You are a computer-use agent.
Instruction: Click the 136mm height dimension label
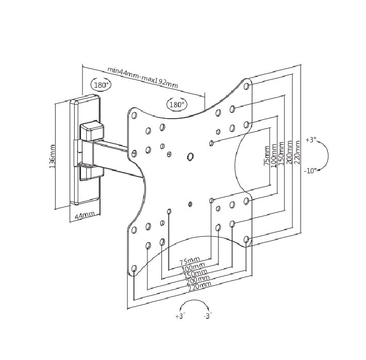click(53, 156)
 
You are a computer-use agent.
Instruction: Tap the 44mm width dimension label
click(85, 216)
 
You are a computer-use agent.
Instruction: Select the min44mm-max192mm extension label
click(143, 77)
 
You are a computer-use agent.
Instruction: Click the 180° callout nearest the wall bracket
click(101, 85)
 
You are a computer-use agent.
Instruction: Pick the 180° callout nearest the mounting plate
click(177, 105)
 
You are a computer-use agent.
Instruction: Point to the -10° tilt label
click(310, 171)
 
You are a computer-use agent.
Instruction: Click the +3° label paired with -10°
click(311, 140)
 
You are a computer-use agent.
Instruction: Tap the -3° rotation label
click(207, 316)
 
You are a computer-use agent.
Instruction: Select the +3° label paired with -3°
click(179, 316)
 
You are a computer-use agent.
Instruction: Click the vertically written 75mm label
click(267, 155)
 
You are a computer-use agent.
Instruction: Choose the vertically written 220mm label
click(297, 152)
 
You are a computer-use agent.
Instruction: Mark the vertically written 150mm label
click(281, 153)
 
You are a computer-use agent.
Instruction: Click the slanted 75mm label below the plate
click(189, 261)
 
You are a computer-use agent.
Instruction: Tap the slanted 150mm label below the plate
click(195, 273)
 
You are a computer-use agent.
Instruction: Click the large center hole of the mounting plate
click(190, 156)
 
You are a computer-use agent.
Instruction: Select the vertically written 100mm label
click(274, 154)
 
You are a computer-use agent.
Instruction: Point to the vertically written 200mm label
click(290, 152)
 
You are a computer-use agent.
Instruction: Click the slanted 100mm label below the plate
click(193, 267)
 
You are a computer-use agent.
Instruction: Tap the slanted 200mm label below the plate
click(197, 280)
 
